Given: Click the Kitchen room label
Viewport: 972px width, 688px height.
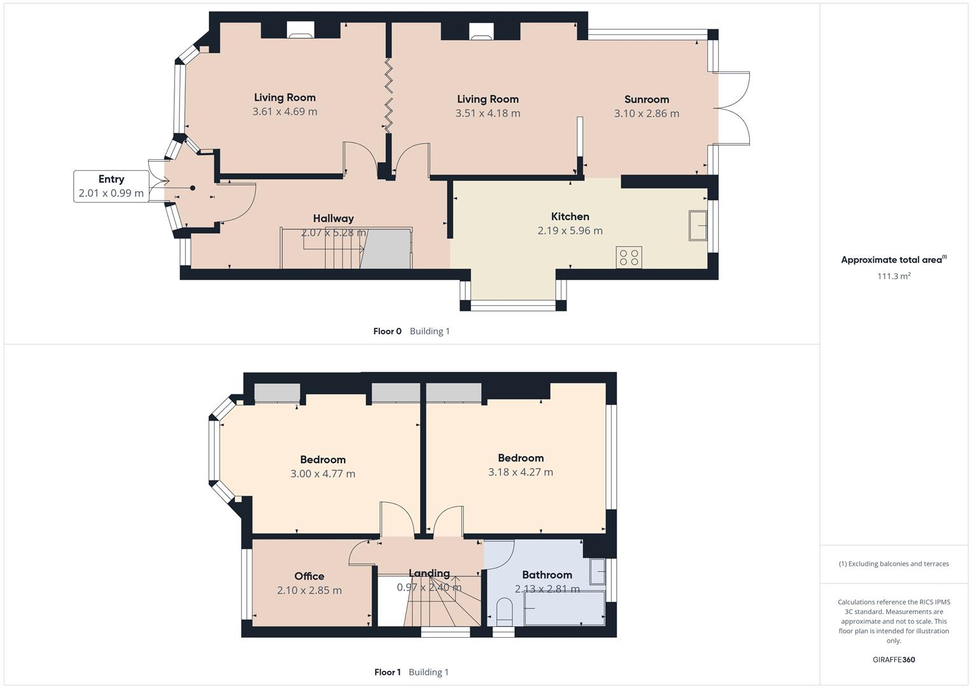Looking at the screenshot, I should coord(570,217).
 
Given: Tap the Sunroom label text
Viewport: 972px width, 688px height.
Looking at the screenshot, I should coord(646,99).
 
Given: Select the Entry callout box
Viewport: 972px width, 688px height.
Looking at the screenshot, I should coord(111,186).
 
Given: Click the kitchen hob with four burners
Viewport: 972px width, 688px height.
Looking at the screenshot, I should coord(629,257).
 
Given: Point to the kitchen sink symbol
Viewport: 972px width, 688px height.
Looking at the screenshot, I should coord(698,226).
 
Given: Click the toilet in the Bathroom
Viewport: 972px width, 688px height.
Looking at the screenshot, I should coord(504,610).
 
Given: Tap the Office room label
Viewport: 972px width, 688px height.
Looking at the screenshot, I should coord(309,577).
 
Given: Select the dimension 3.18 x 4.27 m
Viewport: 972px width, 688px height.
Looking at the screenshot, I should coord(520,472).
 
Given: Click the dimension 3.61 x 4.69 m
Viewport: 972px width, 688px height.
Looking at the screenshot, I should coord(285,111).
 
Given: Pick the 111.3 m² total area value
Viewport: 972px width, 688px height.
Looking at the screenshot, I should coord(894,276).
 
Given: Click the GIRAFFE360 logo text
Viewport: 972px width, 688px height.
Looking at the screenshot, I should coord(894,659).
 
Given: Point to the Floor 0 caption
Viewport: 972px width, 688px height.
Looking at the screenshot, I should coord(387,331).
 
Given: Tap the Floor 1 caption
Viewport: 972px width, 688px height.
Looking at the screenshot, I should coord(387,672).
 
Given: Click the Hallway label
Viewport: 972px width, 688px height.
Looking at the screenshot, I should coord(333,219).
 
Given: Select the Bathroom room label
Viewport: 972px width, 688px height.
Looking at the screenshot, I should coord(547,575).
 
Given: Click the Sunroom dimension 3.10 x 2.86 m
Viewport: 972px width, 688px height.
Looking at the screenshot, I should coord(646,113).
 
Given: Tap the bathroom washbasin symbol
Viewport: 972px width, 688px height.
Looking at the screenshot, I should coord(597,571).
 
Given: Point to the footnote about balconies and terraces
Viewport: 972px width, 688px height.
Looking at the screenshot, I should coord(894,564).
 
